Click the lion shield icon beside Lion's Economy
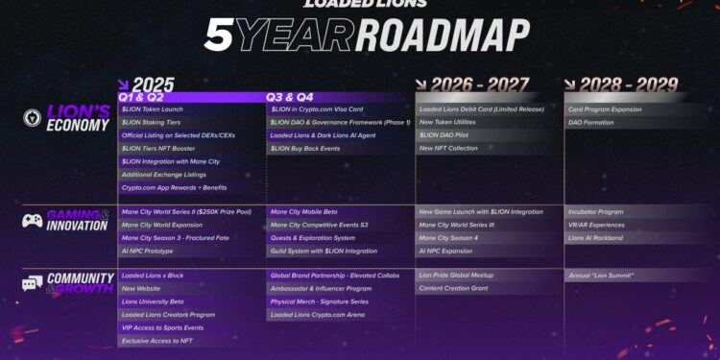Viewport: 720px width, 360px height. tap(34, 119)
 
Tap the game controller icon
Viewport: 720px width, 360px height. tap(33, 220)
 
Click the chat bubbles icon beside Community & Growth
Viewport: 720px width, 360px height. tap(33, 283)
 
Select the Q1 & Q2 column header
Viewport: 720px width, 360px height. tap(140, 97)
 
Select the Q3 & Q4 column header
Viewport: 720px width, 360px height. tap(289, 97)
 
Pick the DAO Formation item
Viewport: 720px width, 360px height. tap(591, 123)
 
